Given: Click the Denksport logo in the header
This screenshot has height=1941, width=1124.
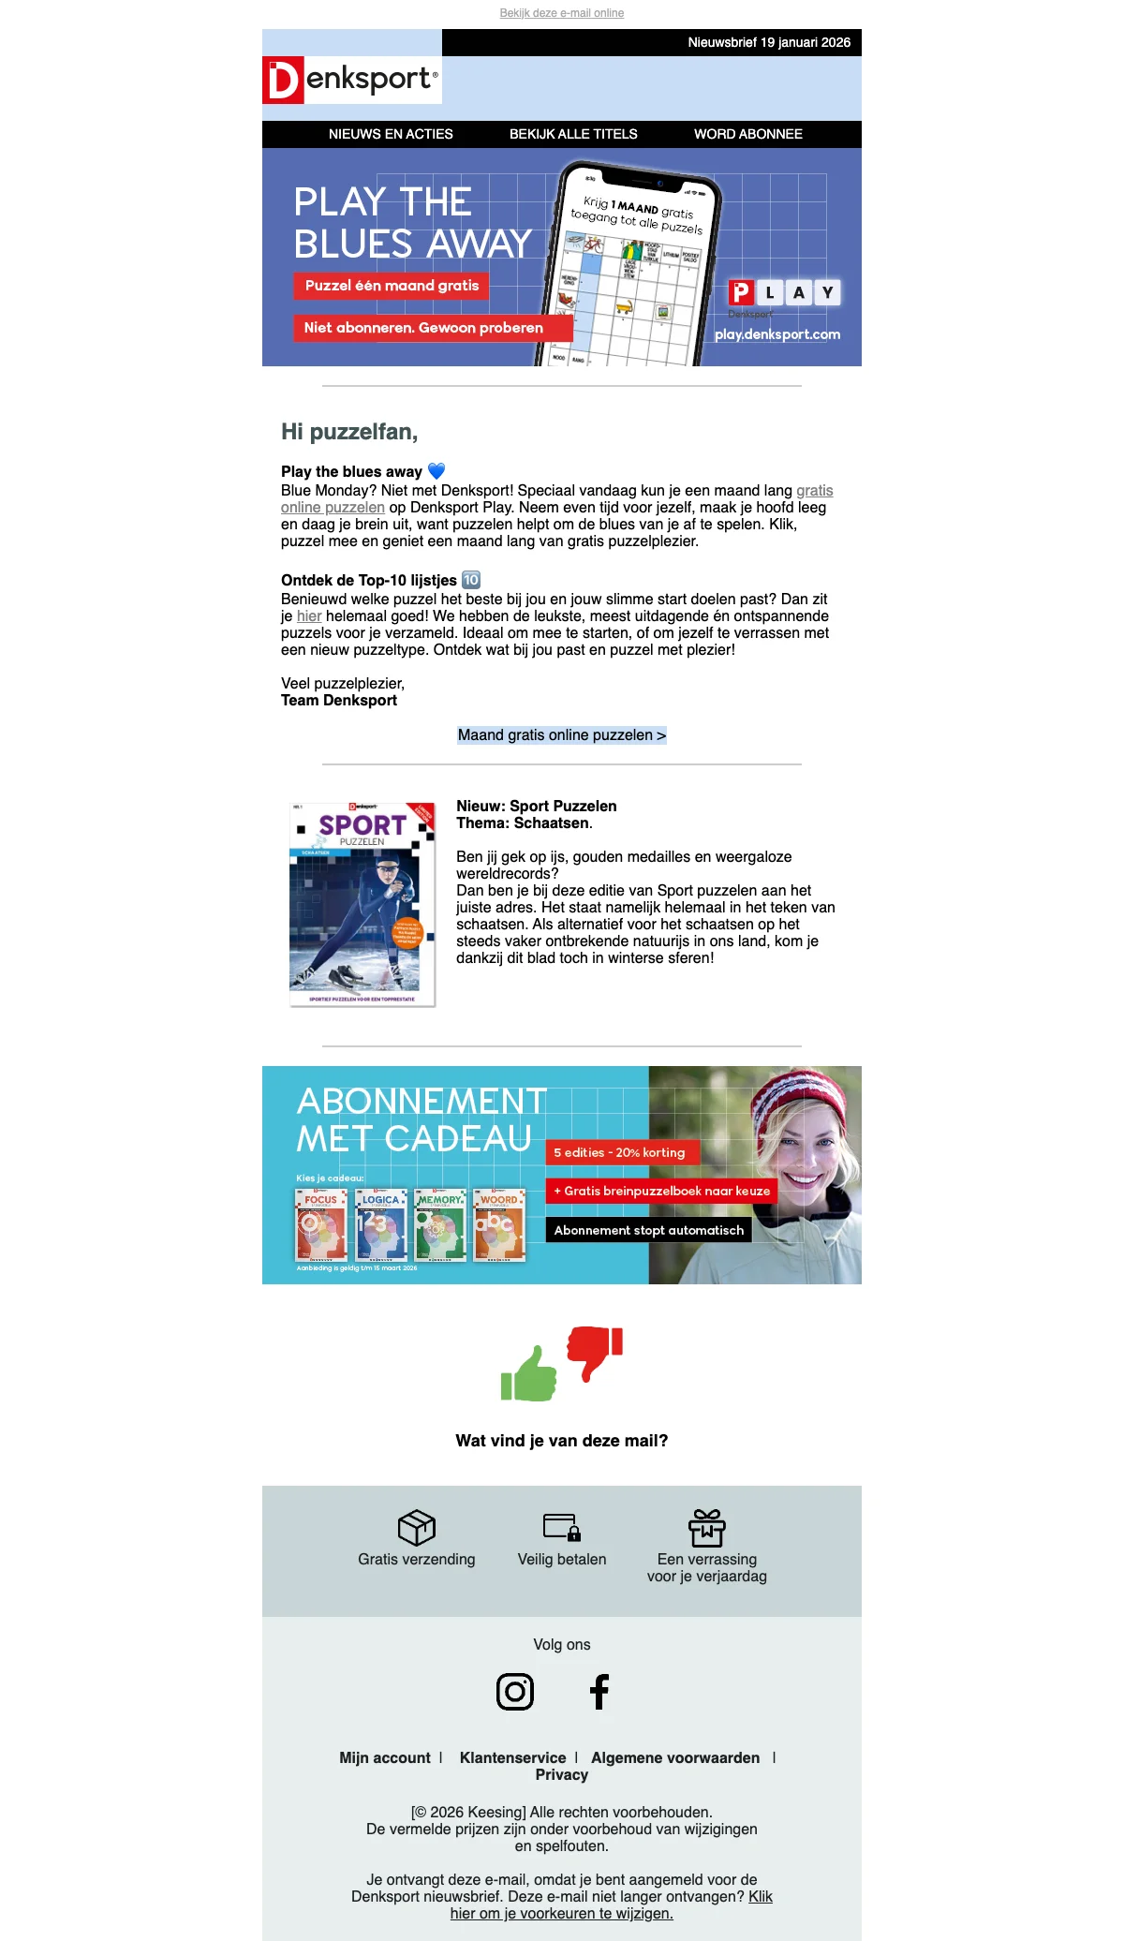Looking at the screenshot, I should coord(351,80).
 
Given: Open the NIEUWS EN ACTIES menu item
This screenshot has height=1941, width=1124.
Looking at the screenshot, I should coord(391,134).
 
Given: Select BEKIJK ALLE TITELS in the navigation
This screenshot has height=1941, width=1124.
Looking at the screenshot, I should coord(573,134).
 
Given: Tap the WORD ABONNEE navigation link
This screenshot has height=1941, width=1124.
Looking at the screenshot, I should coord(747,134).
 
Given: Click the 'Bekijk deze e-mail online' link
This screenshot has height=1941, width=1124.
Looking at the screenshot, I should coord(562,13).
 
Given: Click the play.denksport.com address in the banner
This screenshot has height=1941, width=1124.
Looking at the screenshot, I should coord(777,334).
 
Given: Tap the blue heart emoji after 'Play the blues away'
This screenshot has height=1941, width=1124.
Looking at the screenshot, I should coord(436,471).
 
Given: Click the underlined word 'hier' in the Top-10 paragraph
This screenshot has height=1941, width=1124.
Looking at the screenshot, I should coord(309,616).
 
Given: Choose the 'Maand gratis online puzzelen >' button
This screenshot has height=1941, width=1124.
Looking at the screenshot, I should coord(562,735).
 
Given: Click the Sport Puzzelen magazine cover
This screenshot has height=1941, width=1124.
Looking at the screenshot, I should coord(362,904).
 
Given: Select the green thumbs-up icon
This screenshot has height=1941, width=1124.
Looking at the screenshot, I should coord(529,1374).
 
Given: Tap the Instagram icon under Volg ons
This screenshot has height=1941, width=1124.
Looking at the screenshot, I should coord(515,1692).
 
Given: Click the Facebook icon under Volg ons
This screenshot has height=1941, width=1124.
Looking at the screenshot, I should coord(599,1692).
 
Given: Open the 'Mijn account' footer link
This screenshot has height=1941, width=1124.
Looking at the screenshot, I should coord(385,1758).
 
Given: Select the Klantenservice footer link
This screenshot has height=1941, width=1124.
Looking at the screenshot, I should coord(512,1758).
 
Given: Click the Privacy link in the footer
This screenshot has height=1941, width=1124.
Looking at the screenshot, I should coord(562,1775).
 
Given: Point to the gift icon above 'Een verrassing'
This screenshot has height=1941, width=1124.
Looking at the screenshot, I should coord(707,1528).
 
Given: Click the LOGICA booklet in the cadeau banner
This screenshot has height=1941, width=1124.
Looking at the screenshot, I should coord(381,1226).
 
